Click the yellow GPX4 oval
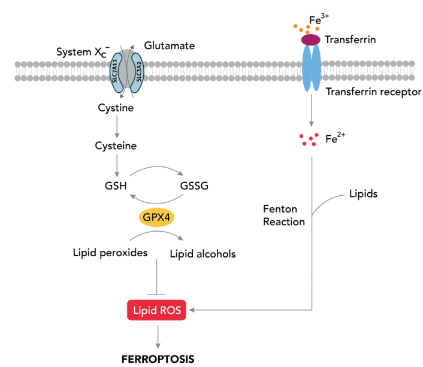point(157,217)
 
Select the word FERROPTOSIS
point(158,359)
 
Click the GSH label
point(116,186)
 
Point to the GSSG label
point(195,186)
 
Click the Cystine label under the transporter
point(116,108)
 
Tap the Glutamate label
point(170,46)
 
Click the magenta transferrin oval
point(310,40)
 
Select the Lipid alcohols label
point(203,254)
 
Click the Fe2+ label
point(335,139)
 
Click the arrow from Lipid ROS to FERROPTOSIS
point(158,336)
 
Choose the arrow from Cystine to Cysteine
point(116,127)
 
